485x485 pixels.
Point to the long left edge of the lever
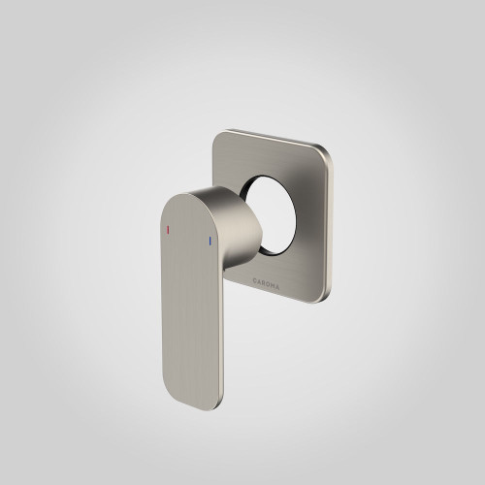coord(155,291)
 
